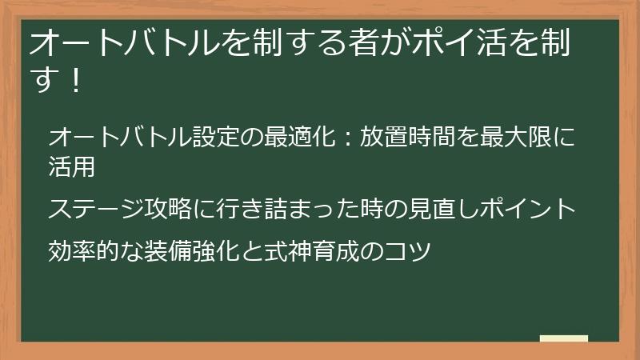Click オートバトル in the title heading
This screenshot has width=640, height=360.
pos(118,45)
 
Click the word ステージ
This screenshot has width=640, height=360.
pos(96,210)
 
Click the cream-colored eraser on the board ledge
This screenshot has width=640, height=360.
pos(564,338)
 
